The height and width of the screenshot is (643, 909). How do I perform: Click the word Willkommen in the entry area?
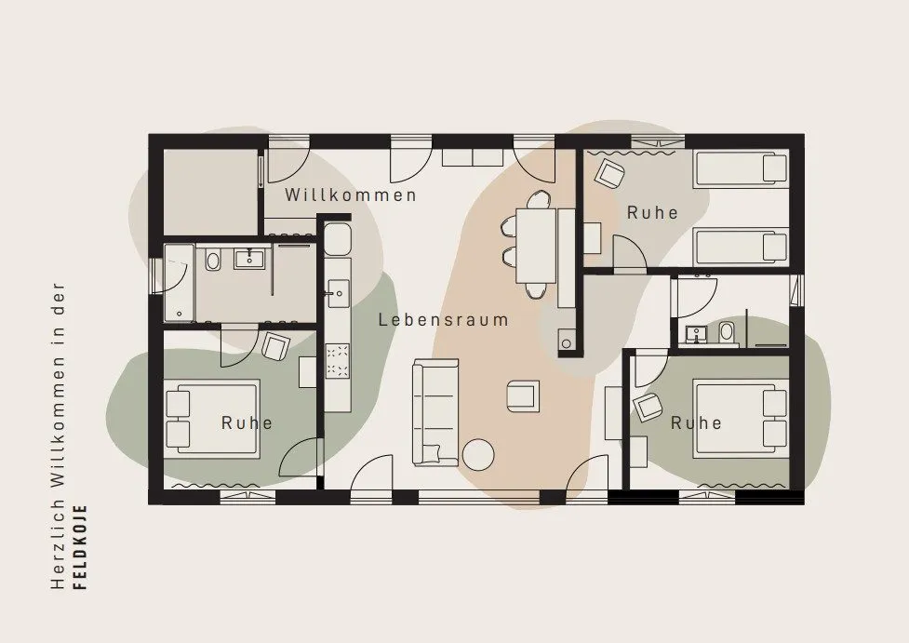350,194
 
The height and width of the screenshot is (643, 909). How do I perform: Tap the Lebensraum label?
444,319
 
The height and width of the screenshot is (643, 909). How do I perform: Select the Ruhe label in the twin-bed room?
652,213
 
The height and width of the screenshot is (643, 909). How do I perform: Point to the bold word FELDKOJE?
82,547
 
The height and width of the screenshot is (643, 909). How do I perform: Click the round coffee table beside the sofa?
478,454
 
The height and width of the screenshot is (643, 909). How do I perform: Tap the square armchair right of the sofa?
523,396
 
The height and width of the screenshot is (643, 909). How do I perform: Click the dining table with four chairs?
537,245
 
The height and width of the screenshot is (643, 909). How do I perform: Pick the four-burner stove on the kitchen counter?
338,361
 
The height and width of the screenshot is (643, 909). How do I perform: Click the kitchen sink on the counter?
338,293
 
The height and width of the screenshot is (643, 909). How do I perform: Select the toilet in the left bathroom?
213,261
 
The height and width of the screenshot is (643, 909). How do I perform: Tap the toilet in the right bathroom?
727,333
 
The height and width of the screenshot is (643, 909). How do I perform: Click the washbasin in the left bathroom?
250,257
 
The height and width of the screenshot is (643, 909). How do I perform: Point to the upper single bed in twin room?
741,167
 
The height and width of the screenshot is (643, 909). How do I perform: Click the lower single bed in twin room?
741,247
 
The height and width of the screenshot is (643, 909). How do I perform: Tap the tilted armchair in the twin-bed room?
609,174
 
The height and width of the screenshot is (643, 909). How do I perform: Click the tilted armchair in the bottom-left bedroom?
275,345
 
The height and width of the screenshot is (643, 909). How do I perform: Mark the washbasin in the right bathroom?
694,335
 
